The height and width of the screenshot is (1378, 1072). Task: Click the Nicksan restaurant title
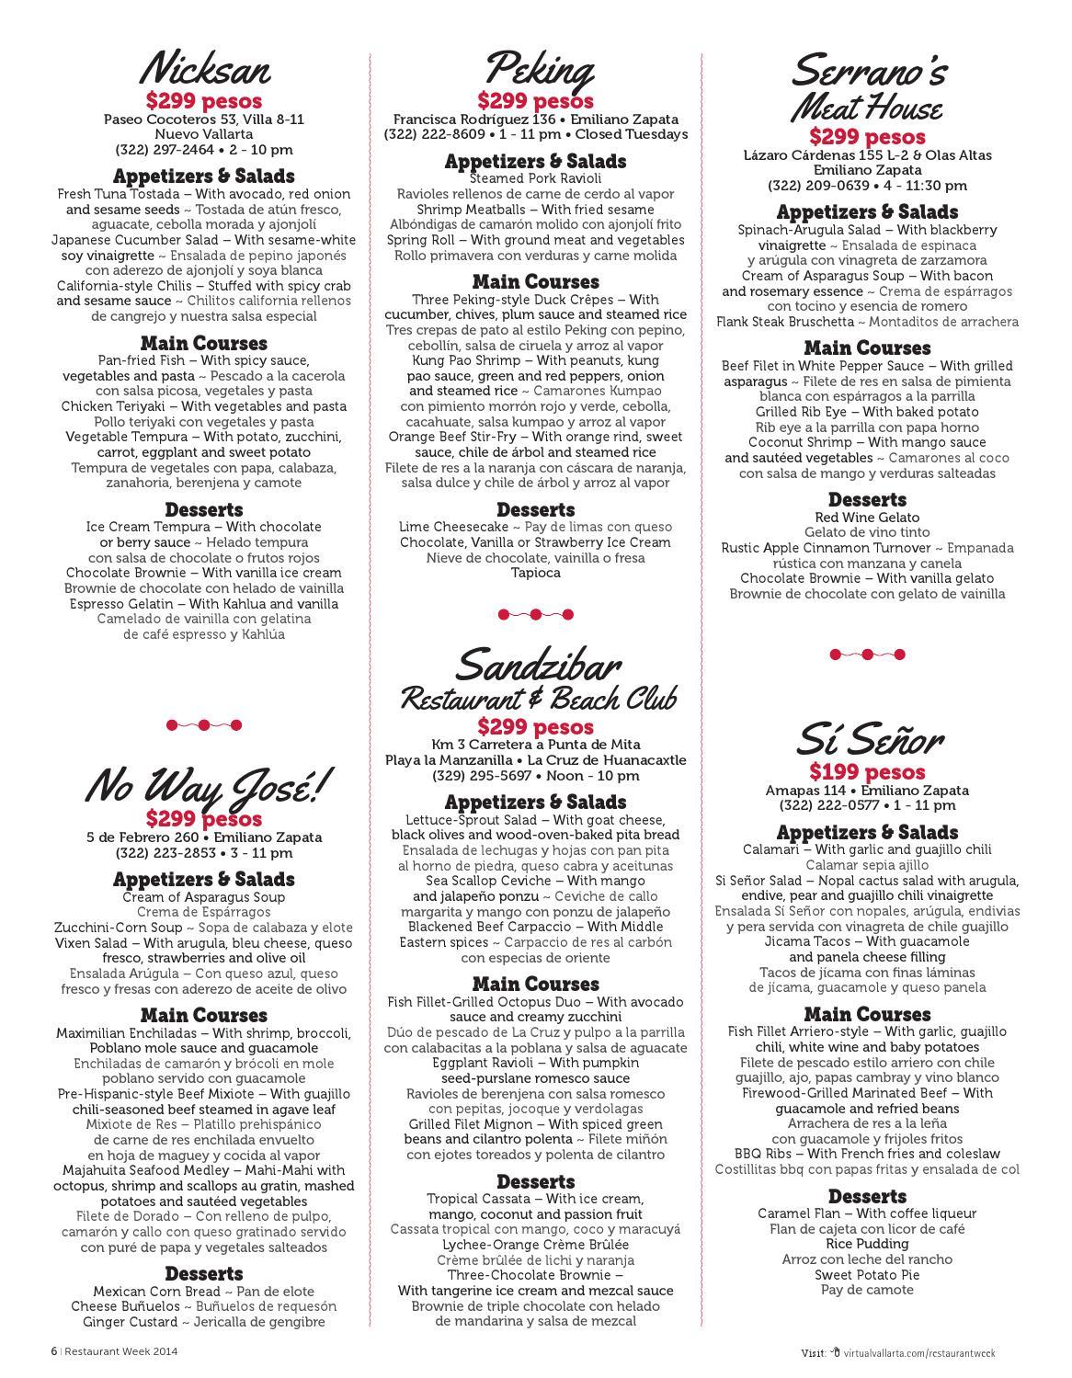204,70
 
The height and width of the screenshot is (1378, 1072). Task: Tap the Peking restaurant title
537,70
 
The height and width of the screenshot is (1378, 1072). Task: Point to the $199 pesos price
867,772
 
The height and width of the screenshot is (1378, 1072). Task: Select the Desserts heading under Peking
535,509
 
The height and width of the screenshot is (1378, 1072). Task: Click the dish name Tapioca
535,573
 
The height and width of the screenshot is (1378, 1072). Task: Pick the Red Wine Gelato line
867,518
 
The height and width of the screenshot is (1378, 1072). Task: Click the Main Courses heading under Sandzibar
535,984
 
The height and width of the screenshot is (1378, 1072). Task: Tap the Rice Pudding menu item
867,1244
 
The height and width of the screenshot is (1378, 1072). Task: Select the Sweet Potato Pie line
867,1275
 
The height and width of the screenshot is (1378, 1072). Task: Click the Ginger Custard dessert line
204,1322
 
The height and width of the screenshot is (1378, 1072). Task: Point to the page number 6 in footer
53,1351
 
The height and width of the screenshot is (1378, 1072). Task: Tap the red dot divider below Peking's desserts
535,614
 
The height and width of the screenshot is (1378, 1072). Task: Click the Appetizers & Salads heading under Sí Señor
867,833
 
